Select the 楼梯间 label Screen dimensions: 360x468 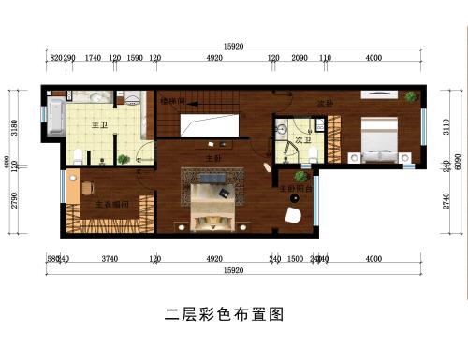click(171, 99)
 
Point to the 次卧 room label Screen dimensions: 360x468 click(325, 103)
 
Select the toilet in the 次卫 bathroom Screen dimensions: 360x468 click(313, 152)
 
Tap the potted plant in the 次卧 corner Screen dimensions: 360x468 click(409, 96)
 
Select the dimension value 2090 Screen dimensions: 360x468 click(300, 58)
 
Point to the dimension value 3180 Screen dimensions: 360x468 click(13, 126)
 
